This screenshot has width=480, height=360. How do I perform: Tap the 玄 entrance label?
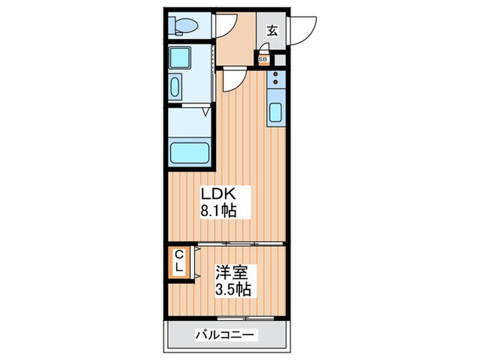(x=272, y=29)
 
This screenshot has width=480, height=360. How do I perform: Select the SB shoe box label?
(x=263, y=60)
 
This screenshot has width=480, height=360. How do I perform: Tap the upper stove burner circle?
(x=276, y=74)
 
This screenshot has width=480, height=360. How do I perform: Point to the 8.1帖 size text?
(x=217, y=212)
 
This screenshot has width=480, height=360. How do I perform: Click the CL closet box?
(x=178, y=261)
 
